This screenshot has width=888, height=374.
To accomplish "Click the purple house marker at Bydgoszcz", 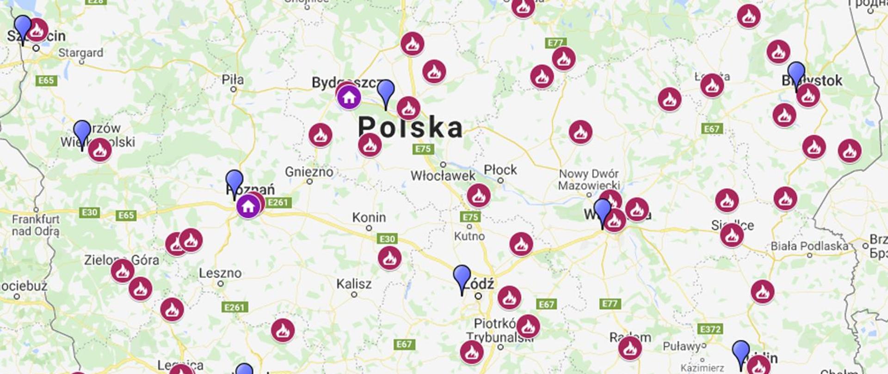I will tap(349, 97).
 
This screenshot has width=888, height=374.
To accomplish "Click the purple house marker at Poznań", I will tap(248, 206).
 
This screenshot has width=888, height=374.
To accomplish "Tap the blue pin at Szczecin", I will tap(23, 28).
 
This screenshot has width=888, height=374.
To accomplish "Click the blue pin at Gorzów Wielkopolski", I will tap(82, 133).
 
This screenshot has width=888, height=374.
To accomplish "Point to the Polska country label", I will tap(410, 127).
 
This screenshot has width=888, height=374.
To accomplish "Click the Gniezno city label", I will tap(309, 172).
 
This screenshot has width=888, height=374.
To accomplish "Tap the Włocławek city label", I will tap(443, 175).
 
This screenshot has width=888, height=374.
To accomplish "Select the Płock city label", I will tap(500, 170).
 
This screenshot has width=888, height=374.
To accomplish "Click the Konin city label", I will tap(369, 217).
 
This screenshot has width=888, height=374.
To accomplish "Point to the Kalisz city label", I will tap(354, 284).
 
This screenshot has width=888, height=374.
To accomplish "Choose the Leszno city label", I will tap(220, 273).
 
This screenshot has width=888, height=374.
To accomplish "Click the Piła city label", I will tap(233, 79).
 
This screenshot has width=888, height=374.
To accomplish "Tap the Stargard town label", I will tap(80, 53).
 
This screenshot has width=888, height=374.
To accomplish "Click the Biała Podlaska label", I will tap(809, 246).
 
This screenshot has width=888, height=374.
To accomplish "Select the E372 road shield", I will tap(710, 329).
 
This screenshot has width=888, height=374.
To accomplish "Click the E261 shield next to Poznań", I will tap(278, 202).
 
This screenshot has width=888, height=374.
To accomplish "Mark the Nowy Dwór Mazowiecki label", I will tap(588, 180).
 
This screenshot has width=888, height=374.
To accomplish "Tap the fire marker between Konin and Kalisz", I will tap(389, 258).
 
